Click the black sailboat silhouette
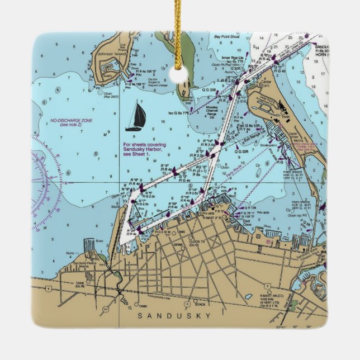tap(136, 116)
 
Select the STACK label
tap(200, 304)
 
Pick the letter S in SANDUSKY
tap(140, 316)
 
